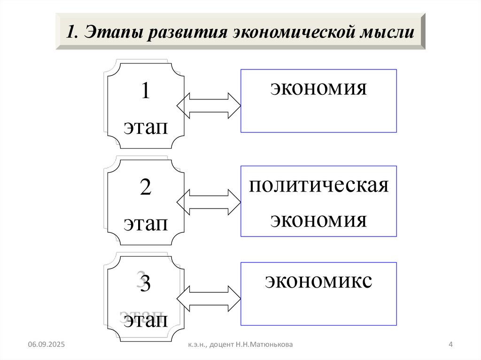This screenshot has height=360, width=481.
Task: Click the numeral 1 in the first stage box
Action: [145, 92]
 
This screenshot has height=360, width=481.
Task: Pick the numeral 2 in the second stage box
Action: [145, 188]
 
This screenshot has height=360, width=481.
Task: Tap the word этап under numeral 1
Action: [146, 127]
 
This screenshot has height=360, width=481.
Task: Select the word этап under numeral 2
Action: [146, 223]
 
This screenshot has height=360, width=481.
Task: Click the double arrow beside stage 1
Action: [208, 106]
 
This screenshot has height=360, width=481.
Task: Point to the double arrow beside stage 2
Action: [208, 202]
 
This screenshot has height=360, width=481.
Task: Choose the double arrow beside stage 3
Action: [208, 299]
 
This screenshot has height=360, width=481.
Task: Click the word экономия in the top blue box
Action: [318, 87]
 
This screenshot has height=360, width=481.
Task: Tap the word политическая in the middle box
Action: [319, 185]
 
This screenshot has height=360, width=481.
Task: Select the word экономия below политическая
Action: [318, 219]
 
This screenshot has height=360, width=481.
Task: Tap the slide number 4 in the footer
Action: [450, 345]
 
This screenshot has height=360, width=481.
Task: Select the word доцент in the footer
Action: [217, 345]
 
